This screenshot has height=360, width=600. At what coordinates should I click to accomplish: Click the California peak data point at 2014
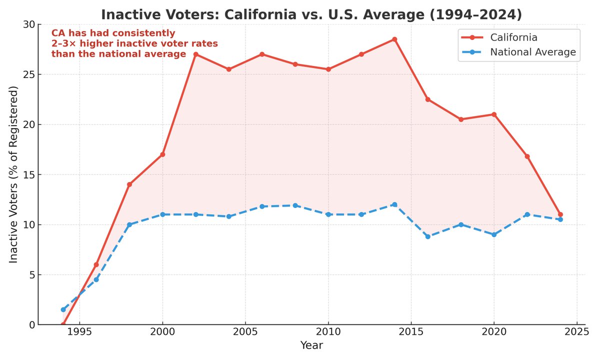pos(394,39)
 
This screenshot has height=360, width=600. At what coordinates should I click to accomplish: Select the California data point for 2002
pos(195,54)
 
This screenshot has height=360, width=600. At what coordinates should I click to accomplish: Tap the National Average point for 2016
pos(427,236)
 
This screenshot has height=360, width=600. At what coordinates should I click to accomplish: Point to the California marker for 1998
pos(129,184)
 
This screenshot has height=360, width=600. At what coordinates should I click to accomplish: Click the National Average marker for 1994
pos(63,309)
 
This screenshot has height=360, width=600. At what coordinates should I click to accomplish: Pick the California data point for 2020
pos(494,114)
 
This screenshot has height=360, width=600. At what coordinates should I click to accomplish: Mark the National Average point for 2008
pos(295,205)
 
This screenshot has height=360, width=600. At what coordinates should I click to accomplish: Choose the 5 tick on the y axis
pos(32,274)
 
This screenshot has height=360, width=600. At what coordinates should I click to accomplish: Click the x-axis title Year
pos(311,345)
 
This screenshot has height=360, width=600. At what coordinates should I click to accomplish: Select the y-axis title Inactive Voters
pos(13,174)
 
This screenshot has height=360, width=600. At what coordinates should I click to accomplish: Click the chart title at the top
pos(311,14)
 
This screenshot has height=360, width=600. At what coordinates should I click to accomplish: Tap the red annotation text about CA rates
pos(134,43)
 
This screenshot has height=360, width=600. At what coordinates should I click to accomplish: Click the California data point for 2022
pos(527,156)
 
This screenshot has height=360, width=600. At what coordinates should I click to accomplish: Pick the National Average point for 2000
pos(162,214)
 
